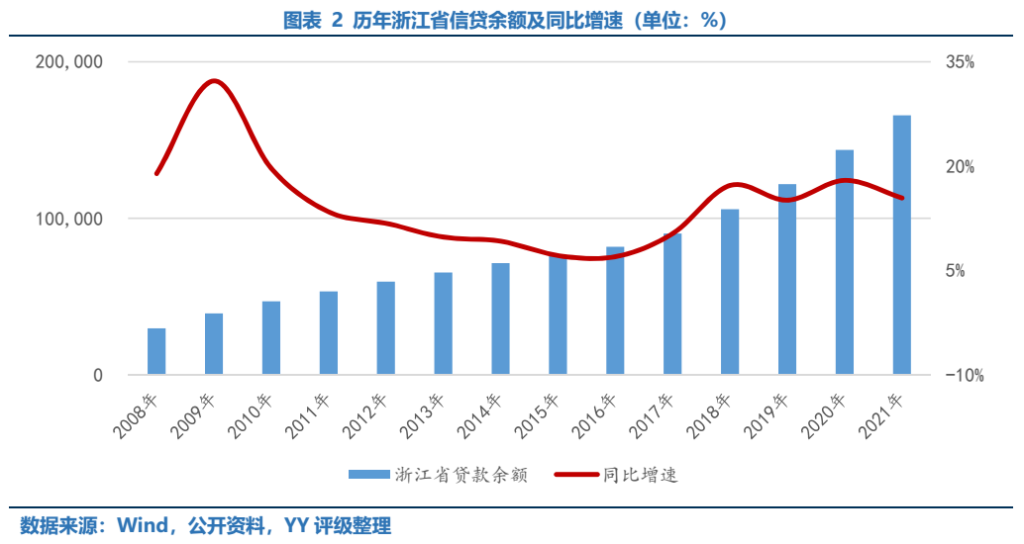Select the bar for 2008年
(x=156, y=351)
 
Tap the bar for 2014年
(x=500, y=318)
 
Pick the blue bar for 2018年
(x=730, y=292)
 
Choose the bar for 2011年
(x=329, y=333)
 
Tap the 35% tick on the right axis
(x=960, y=62)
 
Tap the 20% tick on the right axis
(x=960, y=167)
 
